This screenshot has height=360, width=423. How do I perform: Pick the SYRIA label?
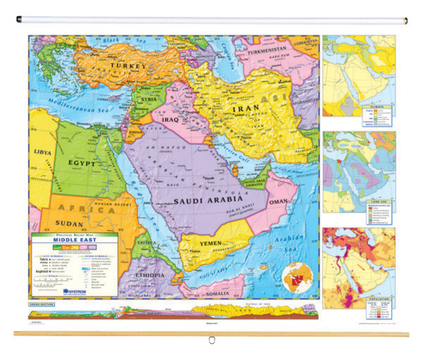pos(147,99)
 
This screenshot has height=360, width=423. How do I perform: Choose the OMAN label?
pos(278,202)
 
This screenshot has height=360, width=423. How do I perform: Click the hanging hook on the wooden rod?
pos(211,340)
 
